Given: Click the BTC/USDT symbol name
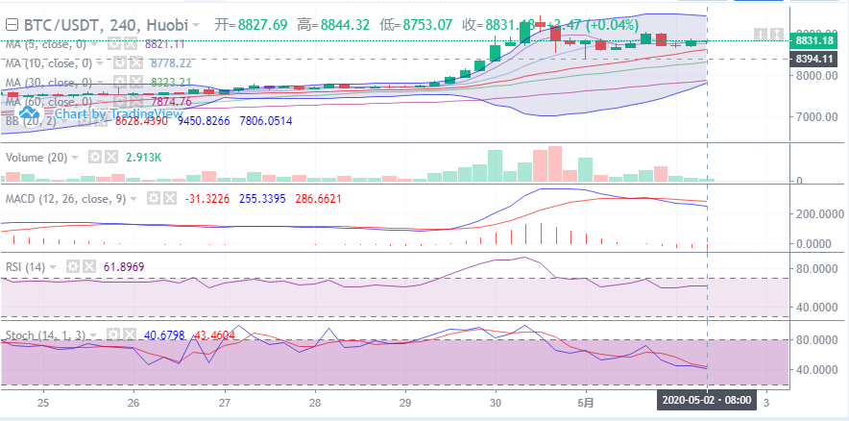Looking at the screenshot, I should (x=57, y=23).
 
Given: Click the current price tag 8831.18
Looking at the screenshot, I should (x=814, y=41).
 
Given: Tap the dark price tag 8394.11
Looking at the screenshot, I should (x=814, y=59).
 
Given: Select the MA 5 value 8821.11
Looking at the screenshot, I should (x=165, y=44).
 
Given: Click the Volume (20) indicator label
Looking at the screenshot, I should (x=36, y=157).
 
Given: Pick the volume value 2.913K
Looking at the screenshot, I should (x=143, y=157).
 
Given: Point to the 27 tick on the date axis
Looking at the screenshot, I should (x=224, y=403).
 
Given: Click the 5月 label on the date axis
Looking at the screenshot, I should (x=585, y=403).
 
